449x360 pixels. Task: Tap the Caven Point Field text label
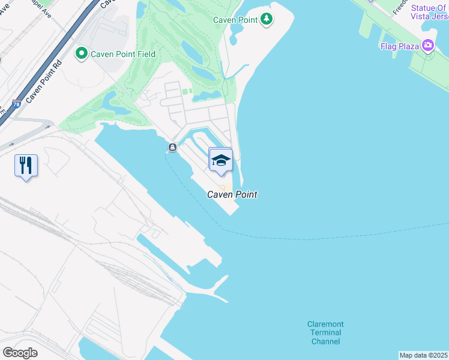click(x=123, y=54)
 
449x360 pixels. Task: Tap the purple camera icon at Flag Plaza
click(x=428, y=45)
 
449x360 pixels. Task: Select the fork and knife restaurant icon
click(x=26, y=165)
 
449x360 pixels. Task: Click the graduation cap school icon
click(x=220, y=161)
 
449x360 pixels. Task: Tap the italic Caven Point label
click(x=232, y=194)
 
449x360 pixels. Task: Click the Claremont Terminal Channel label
click(x=326, y=333)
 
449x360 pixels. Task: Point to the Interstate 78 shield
click(x=17, y=103)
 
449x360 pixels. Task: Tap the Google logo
click(x=20, y=352)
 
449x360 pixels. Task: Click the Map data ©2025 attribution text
click(x=423, y=355)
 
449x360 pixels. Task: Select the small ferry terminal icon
click(x=172, y=148)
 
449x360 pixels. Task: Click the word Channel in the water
click(x=326, y=341)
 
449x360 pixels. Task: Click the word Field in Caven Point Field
click(x=145, y=54)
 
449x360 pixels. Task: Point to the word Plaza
click(x=408, y=46)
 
